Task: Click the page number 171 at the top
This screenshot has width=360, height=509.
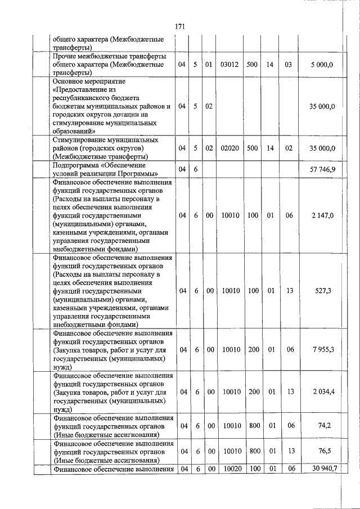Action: [x=180, y=26]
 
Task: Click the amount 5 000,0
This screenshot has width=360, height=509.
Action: [x=322, y=65]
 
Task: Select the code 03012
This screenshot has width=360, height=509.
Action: [x=230, y=65]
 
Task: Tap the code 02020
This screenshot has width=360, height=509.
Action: [x=230, y=148]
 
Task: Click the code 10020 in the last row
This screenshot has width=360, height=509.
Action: [x=231, y=469]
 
